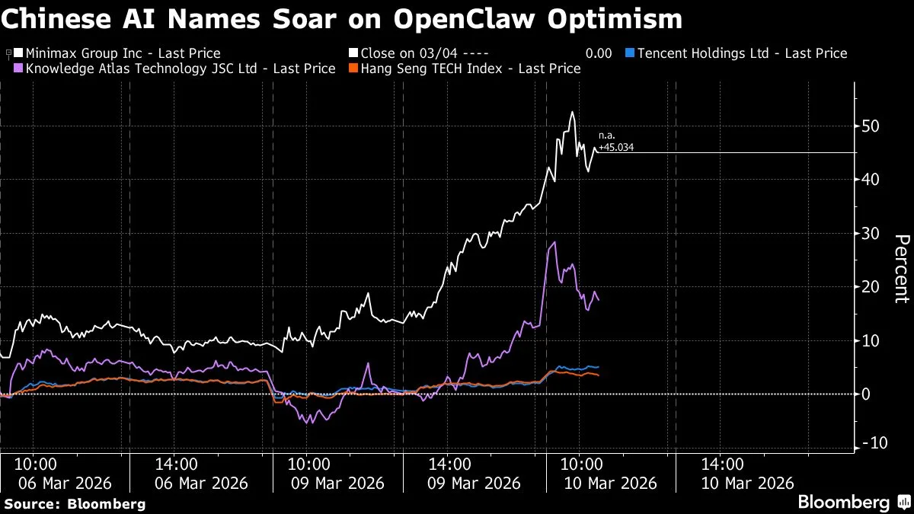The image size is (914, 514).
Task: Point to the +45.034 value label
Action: pyautogui.click(x=615, y=147)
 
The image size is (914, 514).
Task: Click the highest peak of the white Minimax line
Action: pyautogui.click(x=572, y=113)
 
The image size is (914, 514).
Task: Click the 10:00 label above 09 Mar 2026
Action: pyautogui.click(x=308, y=464)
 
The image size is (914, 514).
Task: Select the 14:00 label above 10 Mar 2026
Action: pyautogui.click(x=722, y=464)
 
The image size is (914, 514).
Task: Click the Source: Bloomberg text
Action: pyautogui.click(x=75, y=503)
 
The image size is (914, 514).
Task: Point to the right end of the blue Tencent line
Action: pyautogui.click(x=598, y=367)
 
